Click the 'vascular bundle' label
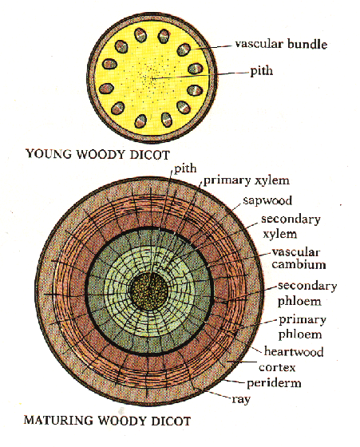[x=281, y=44]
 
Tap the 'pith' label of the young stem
[x=261, y=71]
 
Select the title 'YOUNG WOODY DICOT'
[x=97, y=154]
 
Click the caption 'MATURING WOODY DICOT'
[x=107, y=421]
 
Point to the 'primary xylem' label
[x=247, y=180]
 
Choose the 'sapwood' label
[x=267, y=200]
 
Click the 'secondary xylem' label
[x=291, y=227]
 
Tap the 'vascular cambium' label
[x=299, y=259]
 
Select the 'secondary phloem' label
[x=307, y=294]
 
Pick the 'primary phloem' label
[x=303, y=327]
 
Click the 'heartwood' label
[x=294, y=351]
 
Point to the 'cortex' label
[x=277, y=367]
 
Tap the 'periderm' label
[x=274, y=383]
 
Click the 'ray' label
[x=241, y=399]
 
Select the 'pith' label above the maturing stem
[x=185, y=168]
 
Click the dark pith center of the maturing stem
[x=148, y=291]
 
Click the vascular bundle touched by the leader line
[x=184, y=49]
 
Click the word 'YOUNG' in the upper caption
[x=49, y=154]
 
